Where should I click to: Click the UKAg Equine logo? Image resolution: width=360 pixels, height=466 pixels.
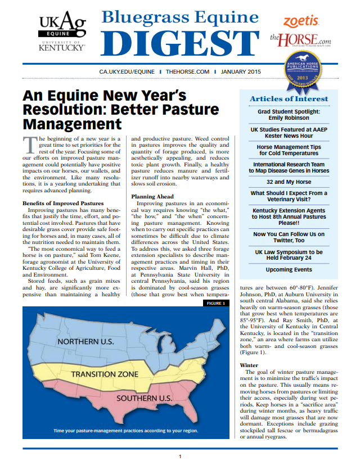click(x=61, y=31)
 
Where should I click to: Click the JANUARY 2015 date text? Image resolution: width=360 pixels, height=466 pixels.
click(x=241, y=73)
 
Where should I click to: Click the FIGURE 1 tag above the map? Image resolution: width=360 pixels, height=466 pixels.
click(x=215, y=304)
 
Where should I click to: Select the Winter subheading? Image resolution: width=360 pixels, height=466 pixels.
click(x=249, y=365)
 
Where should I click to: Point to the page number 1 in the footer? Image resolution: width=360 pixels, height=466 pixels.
click(x=179, y=456)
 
